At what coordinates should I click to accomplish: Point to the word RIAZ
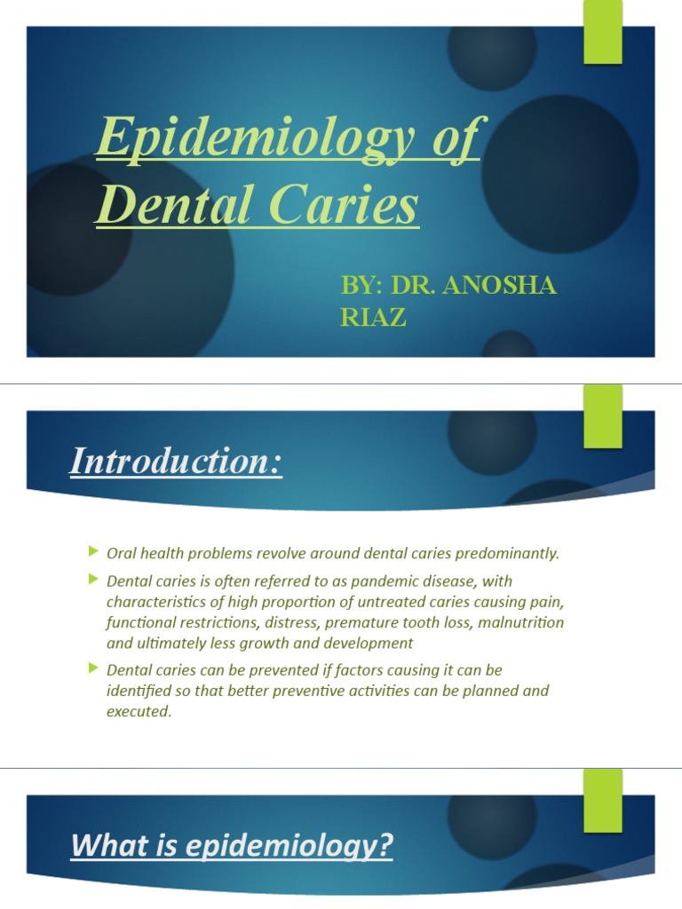[373, 317]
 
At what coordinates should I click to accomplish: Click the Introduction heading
[176, 462]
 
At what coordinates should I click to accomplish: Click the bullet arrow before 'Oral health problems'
[93, 552]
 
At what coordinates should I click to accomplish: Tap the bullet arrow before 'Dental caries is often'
[93, 580]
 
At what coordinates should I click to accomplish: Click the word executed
[138, 712]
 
